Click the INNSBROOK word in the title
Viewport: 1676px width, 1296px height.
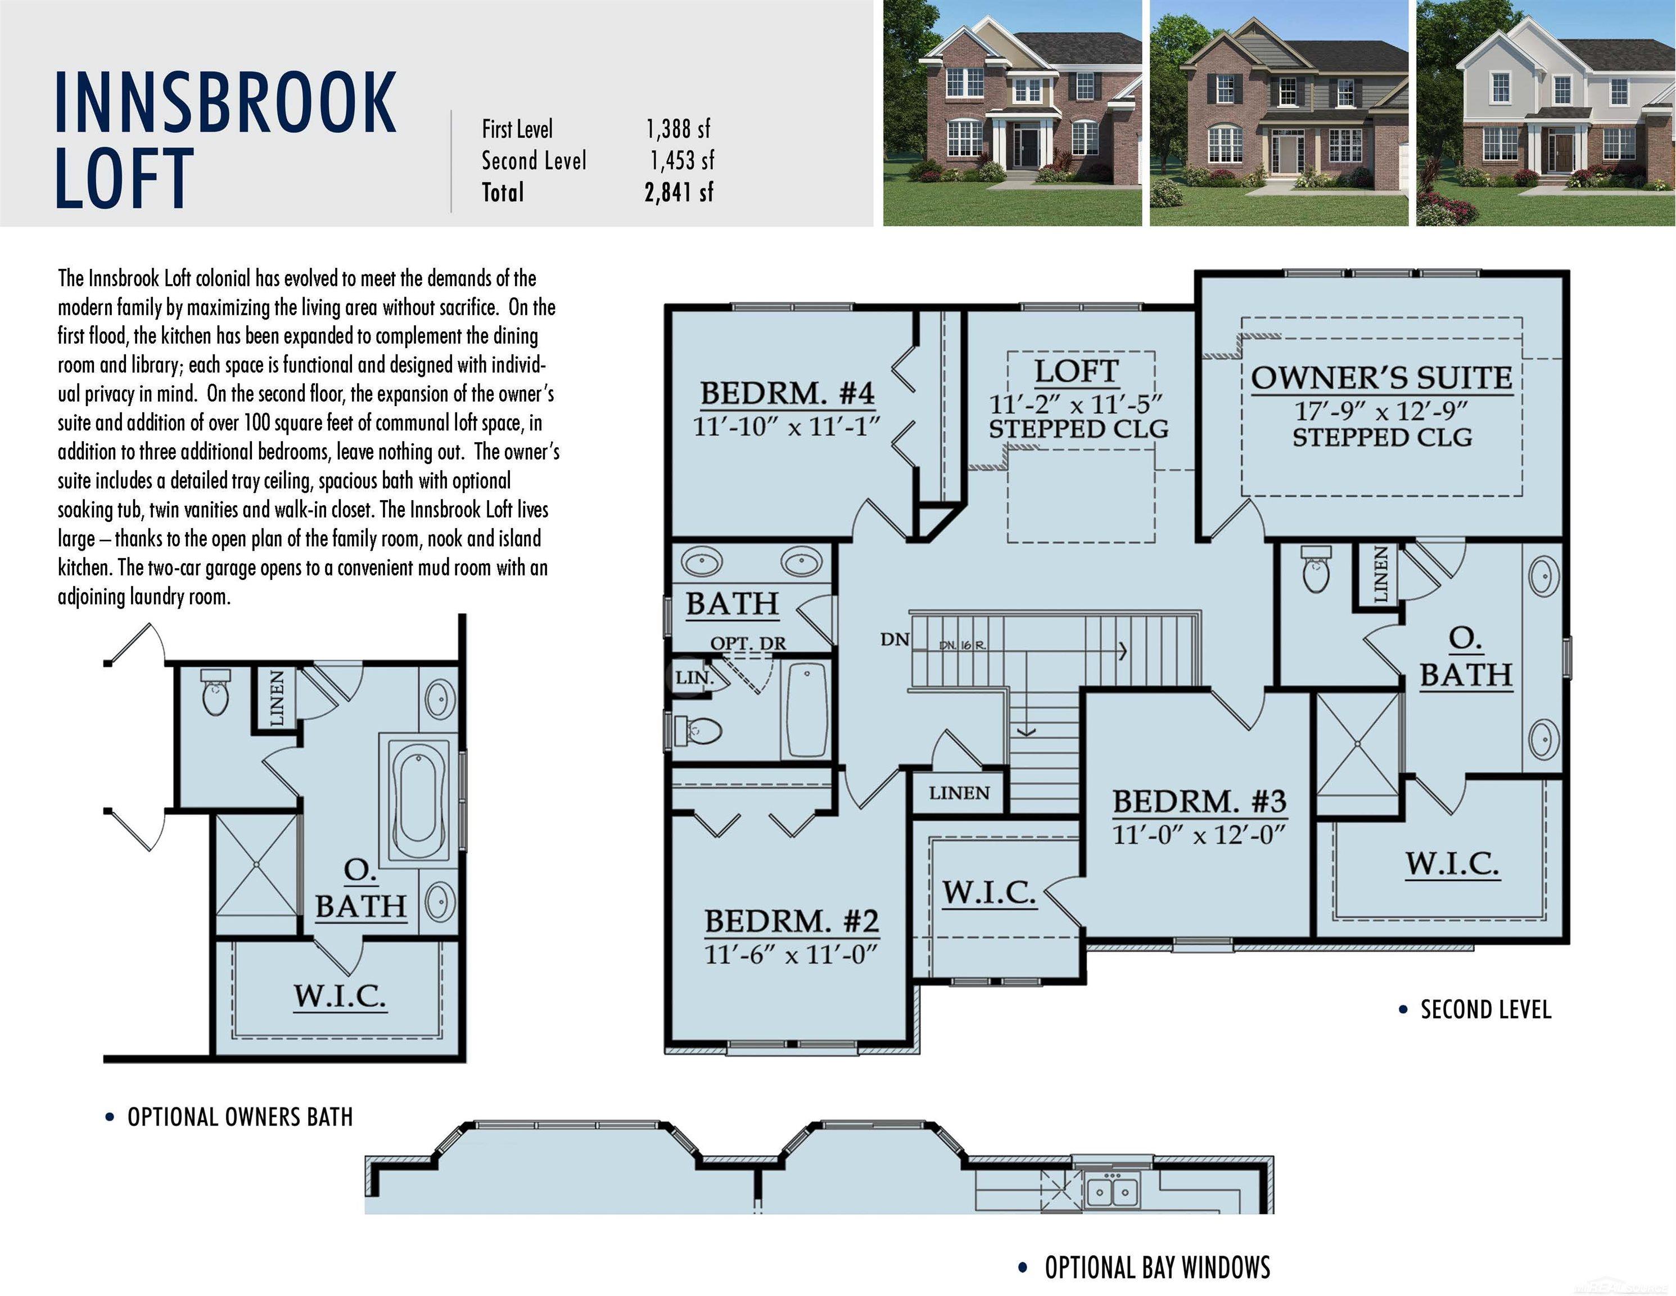coord(225,102)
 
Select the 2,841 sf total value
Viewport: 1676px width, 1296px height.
coord(679,192)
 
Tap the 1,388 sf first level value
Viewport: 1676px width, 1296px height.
coord(679,129)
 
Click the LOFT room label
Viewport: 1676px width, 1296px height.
coord(1076,371)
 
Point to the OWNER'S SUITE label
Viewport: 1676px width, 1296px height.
coord(1381,378)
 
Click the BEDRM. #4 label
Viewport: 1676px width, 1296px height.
coord(787,393)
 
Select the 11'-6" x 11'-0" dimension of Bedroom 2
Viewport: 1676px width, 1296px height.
coord(790,955)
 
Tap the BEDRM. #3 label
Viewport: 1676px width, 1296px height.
coord(1199,801)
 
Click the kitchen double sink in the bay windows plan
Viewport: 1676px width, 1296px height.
coord(1113,1191)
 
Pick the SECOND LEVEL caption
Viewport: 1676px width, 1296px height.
coord(1485,1010)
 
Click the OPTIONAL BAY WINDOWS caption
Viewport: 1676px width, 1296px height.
coord(1157,1267)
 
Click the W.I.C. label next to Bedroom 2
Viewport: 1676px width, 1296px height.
coord(988,892)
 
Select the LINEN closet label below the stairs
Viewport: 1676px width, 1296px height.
coord(959,793)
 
